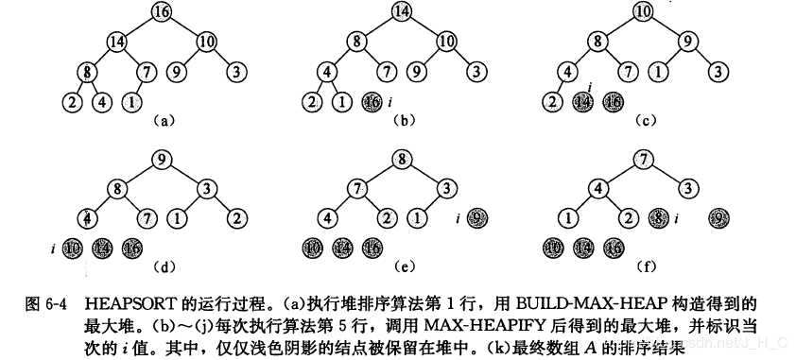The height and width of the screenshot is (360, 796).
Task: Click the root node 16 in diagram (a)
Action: click(161, 13)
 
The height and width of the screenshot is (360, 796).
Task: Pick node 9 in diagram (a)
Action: click(175, 70)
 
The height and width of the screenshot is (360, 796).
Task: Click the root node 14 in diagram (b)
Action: click(401, 13)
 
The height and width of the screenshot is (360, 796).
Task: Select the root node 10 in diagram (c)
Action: click(643, 13)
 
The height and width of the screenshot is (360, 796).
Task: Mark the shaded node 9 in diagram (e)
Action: click(477, 219)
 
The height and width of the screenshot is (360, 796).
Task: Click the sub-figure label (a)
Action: click(163, 120)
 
